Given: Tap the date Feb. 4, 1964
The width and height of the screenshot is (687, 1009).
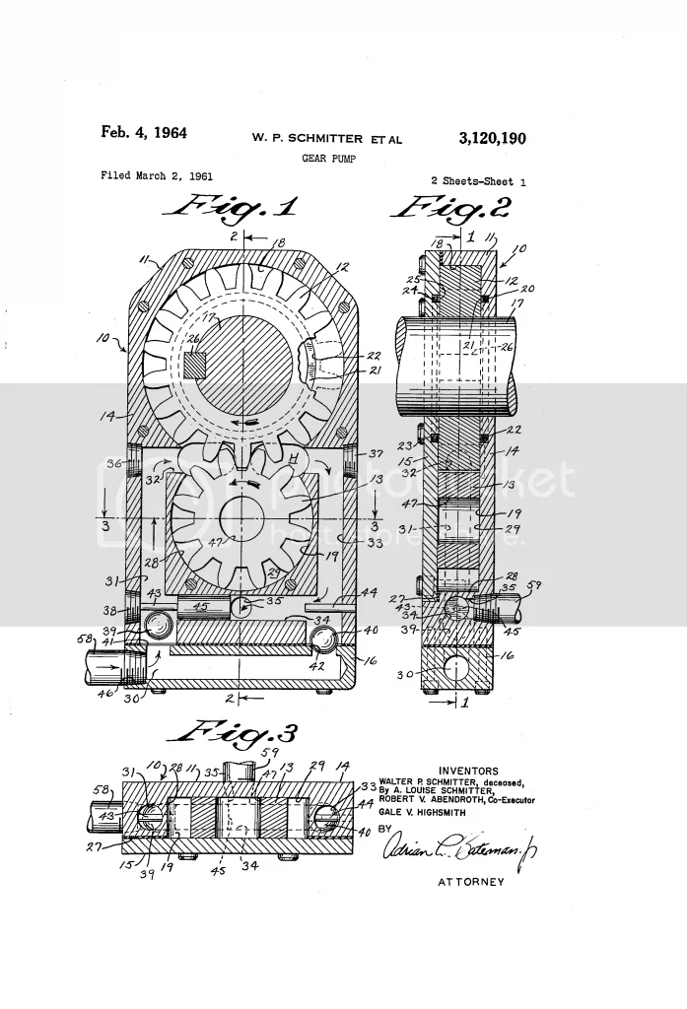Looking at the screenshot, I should click(x=144, y=132).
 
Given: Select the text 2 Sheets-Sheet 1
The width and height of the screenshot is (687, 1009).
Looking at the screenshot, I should click(x=478, y=181).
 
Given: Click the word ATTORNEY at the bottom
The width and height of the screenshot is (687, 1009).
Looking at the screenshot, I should click(x=470, y=882).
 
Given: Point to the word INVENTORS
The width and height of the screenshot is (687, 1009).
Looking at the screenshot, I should click(x=469, y=771).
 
